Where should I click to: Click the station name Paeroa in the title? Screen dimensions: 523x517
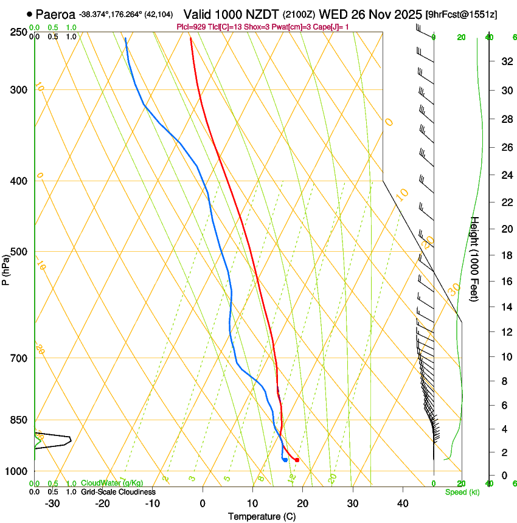coord(55,14)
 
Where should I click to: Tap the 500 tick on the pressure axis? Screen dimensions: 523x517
coord(18,252)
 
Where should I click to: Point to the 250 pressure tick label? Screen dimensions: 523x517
coord(18,32)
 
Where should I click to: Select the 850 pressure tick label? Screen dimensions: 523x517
coord(18,420)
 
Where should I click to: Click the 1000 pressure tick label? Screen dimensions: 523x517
coord(16,471)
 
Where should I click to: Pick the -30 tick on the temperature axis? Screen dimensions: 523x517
coord(52,504)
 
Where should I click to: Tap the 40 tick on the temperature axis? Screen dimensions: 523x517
coord(403,504)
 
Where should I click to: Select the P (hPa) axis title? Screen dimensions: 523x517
coord(6,268)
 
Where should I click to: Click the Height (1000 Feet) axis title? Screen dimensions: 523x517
coord(475,259)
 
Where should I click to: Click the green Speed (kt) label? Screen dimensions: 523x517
coord(462,492)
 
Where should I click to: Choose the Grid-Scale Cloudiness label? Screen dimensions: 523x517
coord(118,491)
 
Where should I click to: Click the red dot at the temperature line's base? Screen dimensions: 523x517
coord(297,460)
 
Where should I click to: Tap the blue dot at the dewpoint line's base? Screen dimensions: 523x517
coord(285,459)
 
